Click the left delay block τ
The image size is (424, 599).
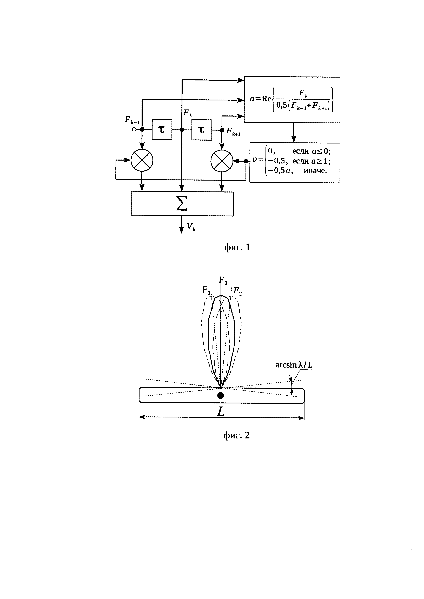162,130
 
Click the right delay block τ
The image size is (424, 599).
202,130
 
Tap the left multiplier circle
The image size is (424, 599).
142,160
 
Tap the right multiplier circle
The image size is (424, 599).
222,160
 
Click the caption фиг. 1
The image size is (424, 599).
237,247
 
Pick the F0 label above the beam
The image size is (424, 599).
223,280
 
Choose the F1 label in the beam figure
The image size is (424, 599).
206,290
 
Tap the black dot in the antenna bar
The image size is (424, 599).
221,396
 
